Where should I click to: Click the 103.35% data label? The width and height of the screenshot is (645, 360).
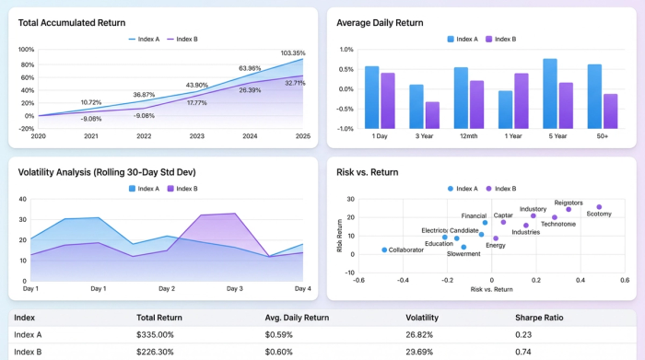pyautogui.click(x=292, y=53)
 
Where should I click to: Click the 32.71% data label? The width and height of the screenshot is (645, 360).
pyautogui.click(x=295, y=83)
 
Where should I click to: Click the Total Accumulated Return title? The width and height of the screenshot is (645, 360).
pyautogui.click(x=72, y=22)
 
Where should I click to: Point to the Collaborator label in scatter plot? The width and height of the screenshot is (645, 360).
pyautogui.click(x=406, y=250)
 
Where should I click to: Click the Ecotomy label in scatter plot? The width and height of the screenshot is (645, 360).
pyautogui.click(x=599, y=215)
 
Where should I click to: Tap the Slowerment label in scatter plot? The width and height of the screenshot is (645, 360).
pyautogui.click(x=464, y=254)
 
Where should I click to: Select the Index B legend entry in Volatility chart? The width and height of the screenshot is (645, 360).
pyautogui.click(x=182, y=189)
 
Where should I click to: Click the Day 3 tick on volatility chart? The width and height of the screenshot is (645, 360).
pyautogui.click(x=235, y=288)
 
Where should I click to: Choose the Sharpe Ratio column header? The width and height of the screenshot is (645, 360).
pyautogui.click(x=539, y=318)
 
